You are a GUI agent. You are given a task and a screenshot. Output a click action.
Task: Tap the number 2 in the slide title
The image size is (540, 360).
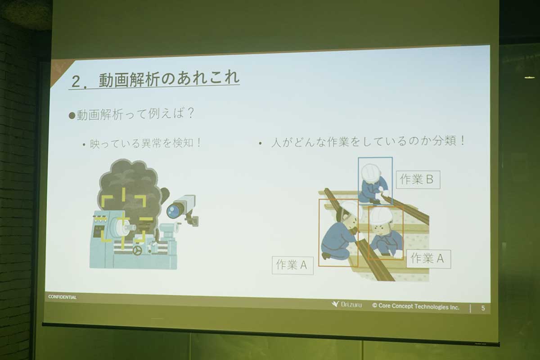[x=76, y=82]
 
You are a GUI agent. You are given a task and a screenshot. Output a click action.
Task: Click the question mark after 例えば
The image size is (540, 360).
[x=191, y=113]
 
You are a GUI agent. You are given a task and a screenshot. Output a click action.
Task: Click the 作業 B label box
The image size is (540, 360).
[x=418, y=180]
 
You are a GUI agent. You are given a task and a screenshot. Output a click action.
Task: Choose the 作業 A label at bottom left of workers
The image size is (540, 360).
[x=292, y=265]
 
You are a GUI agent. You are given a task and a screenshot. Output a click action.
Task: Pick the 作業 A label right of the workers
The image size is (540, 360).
[x=428, y=259]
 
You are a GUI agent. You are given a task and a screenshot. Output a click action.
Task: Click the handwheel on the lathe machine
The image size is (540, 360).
[x=137, y=250]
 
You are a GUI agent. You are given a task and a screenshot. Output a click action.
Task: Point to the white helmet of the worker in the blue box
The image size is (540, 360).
[x=370, y=172]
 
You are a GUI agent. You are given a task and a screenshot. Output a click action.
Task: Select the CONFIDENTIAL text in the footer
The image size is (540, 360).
[x=62, y=297]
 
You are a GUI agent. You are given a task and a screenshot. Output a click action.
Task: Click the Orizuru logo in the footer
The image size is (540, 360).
[x=346, y=304]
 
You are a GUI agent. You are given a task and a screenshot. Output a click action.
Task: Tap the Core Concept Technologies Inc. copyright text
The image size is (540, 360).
[x=416, y=306]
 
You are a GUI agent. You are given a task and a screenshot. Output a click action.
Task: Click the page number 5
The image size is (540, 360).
[x=483, y=308]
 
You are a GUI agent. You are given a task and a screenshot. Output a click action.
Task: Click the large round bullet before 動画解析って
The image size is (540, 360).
[x=72, y=116]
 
